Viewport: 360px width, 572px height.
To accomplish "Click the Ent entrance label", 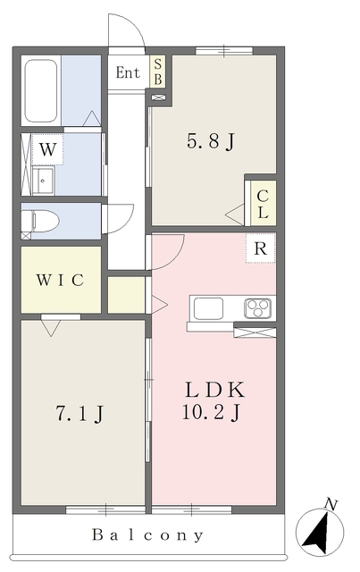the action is tap(128, 72).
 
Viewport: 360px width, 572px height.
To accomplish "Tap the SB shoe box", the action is tap(157, 71).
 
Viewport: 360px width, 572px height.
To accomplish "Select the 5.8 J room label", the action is tap(211, 141).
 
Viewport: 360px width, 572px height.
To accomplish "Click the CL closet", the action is tap(263, 204).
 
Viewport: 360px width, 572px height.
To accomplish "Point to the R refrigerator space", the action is tap(261, 248).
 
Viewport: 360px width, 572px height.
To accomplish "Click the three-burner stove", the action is tap(258, 308).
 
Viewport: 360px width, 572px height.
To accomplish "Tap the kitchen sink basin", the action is tap(208, 308).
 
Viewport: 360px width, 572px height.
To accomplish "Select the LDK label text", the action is tap(214, 390).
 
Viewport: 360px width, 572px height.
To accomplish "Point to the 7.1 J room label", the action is tap(80, 414).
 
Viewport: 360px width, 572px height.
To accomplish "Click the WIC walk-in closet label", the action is tap(60, 280).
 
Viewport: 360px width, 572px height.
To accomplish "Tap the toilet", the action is tap(40, 221).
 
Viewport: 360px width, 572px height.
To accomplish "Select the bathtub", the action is tap(41, 91).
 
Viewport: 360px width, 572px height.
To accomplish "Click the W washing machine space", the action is tap(47, 149).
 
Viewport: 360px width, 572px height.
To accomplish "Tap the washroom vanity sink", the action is tap(43, 181).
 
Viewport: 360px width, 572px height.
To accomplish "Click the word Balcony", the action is tap(147, 534).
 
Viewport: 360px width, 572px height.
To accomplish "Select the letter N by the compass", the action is tap(331, 504).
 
